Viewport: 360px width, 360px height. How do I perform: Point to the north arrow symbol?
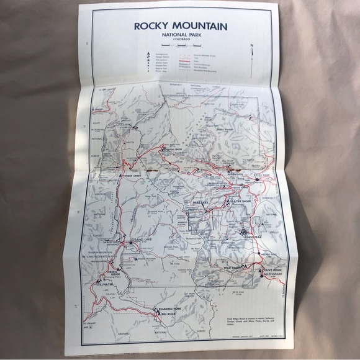coord(252,53)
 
